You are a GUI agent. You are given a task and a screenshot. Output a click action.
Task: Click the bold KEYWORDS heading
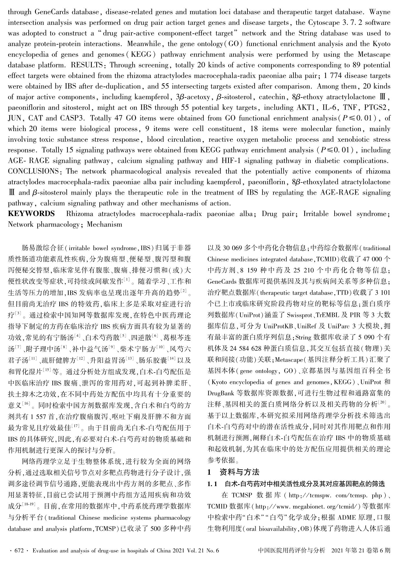click(x=31, y=214)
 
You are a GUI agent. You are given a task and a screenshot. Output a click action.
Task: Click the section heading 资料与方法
click(x=239, y=472)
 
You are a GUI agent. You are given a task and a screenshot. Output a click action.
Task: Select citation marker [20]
click(x=382, y=402)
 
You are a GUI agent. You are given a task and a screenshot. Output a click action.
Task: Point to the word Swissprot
click(x=299, y=315)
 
